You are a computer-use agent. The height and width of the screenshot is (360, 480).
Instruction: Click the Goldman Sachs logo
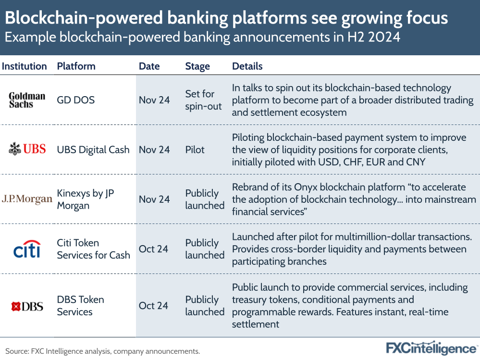(x=27, y=100)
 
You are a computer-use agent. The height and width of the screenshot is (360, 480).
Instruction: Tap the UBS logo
(x=27, y=149)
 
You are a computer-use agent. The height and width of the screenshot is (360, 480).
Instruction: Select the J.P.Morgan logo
(x=27, y=199)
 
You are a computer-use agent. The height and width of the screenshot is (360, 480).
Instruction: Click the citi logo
(x=27, y=249)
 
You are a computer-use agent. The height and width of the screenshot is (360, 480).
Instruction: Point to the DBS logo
(x=27, y=306)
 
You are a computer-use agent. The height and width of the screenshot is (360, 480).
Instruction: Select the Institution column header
(x=25, y=66)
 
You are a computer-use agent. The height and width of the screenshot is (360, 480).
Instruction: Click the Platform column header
(x=76, y=66)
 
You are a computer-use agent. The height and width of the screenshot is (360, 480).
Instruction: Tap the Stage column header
(x=197, y=66)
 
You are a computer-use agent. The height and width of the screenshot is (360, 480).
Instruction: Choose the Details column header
(x=247, y=66)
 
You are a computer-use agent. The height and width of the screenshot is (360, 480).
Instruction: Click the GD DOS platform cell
(x=76, y=100)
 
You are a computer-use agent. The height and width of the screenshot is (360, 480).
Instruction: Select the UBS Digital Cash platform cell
(x=93, y=149)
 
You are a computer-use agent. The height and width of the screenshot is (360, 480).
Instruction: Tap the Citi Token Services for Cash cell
(x=93, y=249)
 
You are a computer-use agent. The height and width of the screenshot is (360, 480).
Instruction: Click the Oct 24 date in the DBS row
(x=153, y=306)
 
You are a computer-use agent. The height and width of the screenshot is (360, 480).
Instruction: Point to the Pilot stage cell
(x=195, y=149)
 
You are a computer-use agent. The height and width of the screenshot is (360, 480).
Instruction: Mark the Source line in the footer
(x=102, y=351)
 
